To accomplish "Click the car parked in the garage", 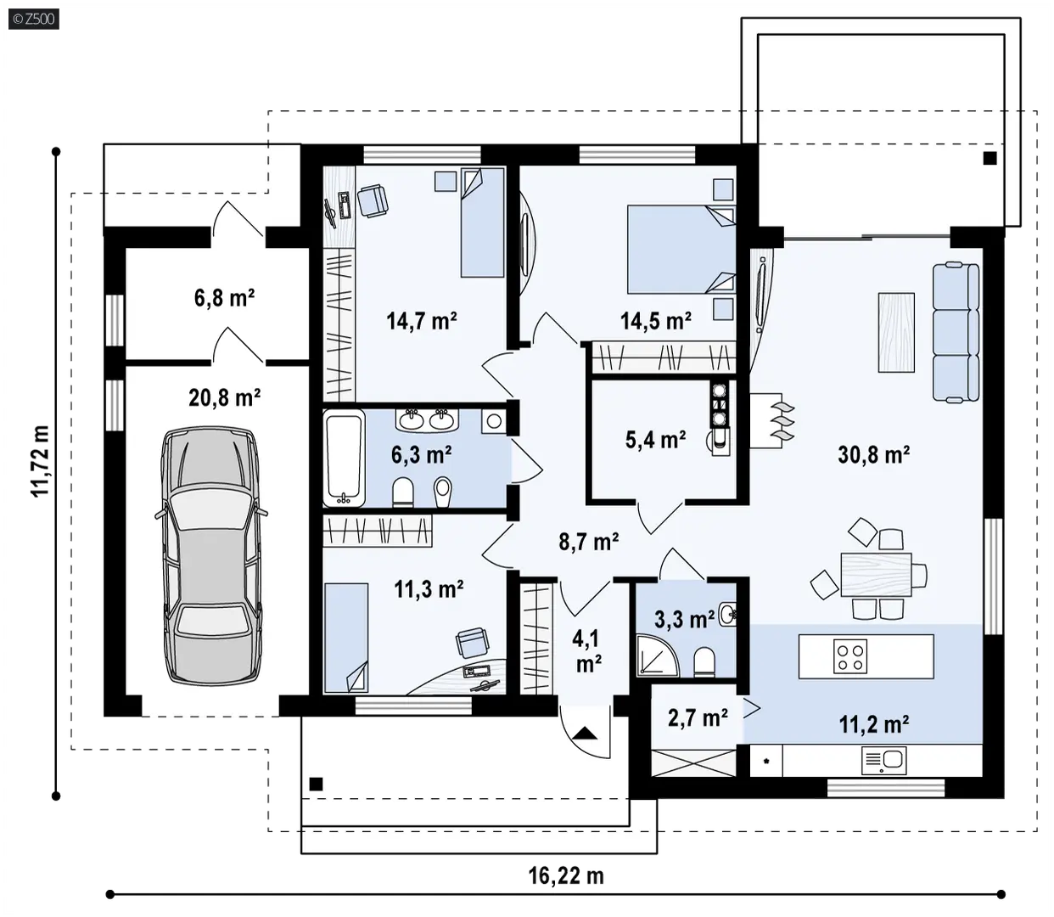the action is (210, 555).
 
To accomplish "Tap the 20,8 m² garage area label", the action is (224, 398).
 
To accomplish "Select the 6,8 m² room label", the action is (224, 298).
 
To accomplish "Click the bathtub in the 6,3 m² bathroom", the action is (345, 458).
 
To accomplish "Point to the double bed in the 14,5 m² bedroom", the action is (681, 250).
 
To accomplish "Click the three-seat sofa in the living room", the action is (956, 331).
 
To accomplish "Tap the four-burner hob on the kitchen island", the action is (850, 656).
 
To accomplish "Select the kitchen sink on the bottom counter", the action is (884, 760).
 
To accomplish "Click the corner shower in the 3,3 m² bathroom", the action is (658, 655).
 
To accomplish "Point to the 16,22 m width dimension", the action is (566, 875).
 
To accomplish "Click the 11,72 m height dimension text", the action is (40, 461).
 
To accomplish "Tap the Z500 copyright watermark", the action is (34, 20).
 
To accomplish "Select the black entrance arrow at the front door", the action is (585, 733).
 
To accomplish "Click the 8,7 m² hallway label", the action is (589, 543).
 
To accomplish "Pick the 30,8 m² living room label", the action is (874, 454).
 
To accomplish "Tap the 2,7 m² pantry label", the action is (698, 718).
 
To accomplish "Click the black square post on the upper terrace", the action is (990, 158).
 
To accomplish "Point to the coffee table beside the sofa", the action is (896, 332).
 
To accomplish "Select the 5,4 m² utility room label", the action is (655, 440).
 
